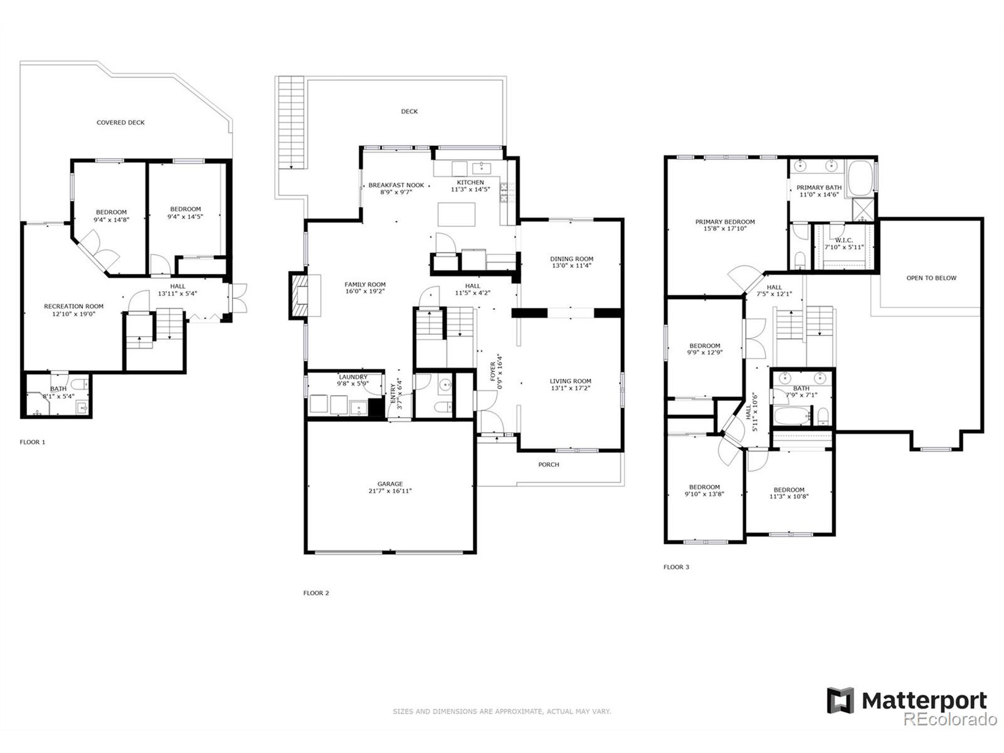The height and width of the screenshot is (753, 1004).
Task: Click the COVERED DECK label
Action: tap(120, 122)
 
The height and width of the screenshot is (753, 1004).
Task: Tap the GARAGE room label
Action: tap(390, 484)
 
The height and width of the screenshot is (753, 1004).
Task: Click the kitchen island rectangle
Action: tap(456, 214)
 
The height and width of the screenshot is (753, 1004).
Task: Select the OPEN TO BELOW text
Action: tap(931, 278)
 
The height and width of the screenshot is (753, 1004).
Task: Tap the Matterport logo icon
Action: tap(840, 700)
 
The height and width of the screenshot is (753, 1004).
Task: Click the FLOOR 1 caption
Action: tap(33, 442)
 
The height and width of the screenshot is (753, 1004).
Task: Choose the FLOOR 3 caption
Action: tap(676, 567)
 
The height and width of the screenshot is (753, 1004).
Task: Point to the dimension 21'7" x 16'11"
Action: tap(390, 491)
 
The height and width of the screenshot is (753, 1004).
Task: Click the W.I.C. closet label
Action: tap(844, 240)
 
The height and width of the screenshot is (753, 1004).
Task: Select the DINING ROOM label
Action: tap(571, 259)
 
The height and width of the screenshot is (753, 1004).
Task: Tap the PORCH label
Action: tap(548, 464)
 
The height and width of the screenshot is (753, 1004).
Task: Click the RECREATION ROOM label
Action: tap(73, 306)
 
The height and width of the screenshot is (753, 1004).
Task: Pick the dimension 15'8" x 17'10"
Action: tap(725, 229)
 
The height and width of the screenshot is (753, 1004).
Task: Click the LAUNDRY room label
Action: tap(353, 377)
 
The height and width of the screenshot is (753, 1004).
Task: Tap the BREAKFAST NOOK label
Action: tap(396, 185)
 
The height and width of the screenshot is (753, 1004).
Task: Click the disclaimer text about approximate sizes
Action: tap(502, 711)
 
